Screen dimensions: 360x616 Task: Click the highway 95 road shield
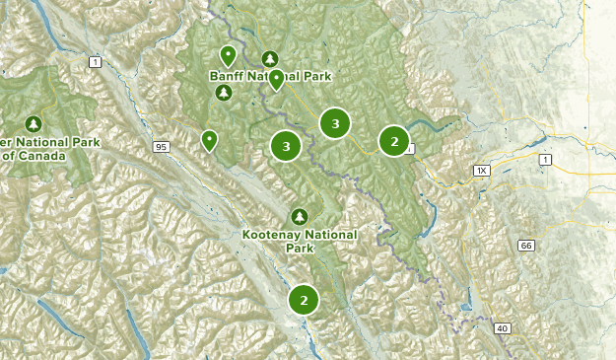160,147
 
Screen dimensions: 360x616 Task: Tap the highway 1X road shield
481,171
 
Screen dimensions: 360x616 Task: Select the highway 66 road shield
526,245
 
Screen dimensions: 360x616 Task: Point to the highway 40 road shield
502,327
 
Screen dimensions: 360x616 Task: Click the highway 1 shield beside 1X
544,158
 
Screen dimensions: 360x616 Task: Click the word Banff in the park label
229,76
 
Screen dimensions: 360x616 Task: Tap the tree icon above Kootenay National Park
299,216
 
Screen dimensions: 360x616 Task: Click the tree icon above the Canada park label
34,123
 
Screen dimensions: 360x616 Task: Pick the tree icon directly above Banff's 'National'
269,58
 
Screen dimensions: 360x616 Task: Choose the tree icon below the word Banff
224,94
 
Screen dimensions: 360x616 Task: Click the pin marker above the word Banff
228,54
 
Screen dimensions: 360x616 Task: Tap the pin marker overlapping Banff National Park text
277,79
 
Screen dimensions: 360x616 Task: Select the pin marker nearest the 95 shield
209,140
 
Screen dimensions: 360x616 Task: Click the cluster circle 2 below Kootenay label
304,300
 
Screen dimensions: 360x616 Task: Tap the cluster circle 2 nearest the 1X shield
394,141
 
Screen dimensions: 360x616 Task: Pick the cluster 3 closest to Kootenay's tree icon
286,147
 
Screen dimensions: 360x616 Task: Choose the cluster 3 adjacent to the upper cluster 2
335,123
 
